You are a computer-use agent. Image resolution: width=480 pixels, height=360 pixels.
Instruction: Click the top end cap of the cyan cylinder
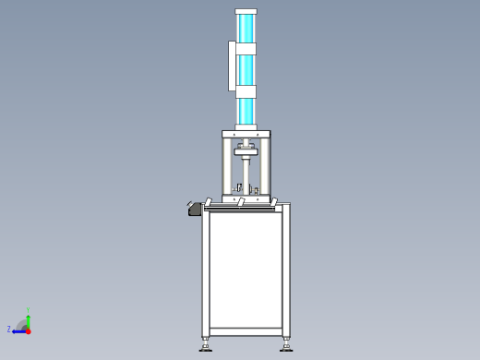(x=246, y=11)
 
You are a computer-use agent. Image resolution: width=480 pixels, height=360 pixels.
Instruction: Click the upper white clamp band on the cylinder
(x=246, y=48)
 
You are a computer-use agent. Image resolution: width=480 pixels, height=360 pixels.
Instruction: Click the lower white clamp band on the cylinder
(x=246, y=91)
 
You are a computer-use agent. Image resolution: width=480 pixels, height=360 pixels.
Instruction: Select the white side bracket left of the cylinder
(x=232, y=66)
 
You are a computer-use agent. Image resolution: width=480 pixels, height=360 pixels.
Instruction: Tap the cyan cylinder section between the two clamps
(x=246, y=69)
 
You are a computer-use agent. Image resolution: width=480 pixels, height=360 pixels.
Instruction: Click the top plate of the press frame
(x=246, y=134)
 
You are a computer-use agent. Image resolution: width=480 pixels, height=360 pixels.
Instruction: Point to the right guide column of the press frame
(x=267, y=166)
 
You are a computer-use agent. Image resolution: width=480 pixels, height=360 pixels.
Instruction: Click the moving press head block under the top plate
(x=246, y=150)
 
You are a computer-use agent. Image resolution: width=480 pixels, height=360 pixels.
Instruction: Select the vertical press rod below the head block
(x=246, y=174)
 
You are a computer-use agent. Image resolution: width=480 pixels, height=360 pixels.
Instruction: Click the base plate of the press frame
(x=246, y=198)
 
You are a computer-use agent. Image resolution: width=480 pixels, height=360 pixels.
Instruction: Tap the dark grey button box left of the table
(x=195, y=210)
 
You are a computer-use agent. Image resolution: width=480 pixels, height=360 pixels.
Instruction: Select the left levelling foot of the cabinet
(x=206, y=346)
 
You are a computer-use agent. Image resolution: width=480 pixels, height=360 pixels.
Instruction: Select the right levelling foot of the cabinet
(x=286, y=346)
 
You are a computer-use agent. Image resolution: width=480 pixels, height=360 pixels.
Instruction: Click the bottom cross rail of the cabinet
(x=246, y=332)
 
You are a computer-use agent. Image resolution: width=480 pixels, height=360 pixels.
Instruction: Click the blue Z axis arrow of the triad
(x=18, y=330)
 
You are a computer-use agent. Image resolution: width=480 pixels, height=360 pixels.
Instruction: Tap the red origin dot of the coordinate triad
(x=28, y=330)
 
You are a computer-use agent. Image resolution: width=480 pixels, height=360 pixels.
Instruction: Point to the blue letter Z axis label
(x=9, y=329)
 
